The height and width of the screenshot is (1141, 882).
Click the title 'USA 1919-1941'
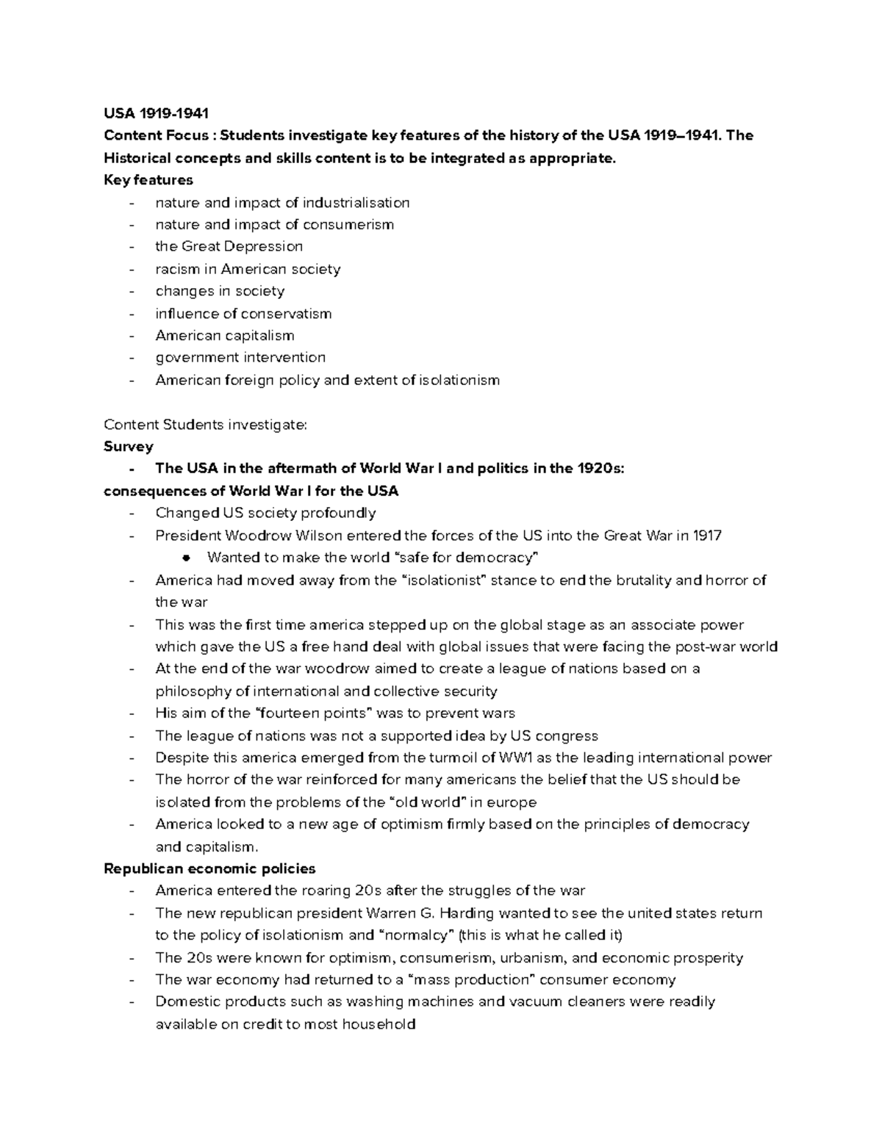156,113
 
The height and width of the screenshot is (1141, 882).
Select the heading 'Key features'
148,180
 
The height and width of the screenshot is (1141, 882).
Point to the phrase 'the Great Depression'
229,246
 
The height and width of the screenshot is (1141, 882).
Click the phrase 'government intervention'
240,358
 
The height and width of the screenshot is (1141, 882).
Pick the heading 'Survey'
129,447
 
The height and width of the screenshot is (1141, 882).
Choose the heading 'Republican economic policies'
209,868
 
